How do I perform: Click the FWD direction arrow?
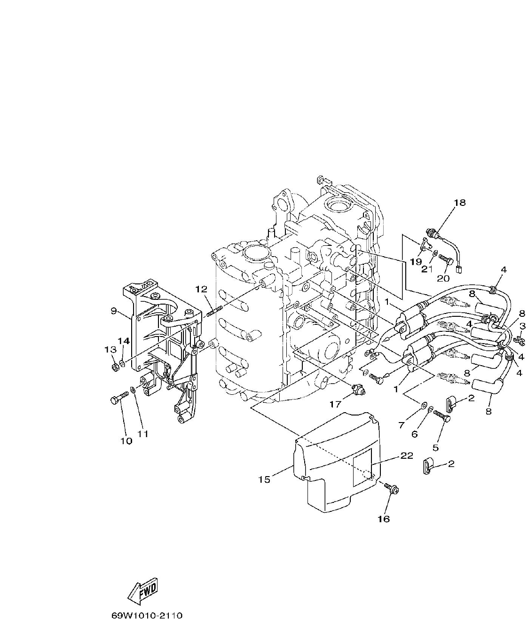click(x=143, y=591)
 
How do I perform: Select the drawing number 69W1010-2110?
click(x=147, y=615)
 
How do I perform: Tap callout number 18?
click(x=459, y=203)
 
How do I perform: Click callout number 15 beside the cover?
click(x=264, y=479)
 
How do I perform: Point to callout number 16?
click(x=384, y=518)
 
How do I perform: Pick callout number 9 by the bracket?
click(x=114, y=311)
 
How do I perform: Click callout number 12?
click(x=201, y=288)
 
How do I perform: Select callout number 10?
click(x=126, y=441)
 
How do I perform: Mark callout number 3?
click(x=522, y=325)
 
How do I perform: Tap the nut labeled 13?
click(x=115, y=366)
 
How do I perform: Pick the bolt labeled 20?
click(x=446, y=258)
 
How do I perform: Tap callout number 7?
click(x=401, y=425)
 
